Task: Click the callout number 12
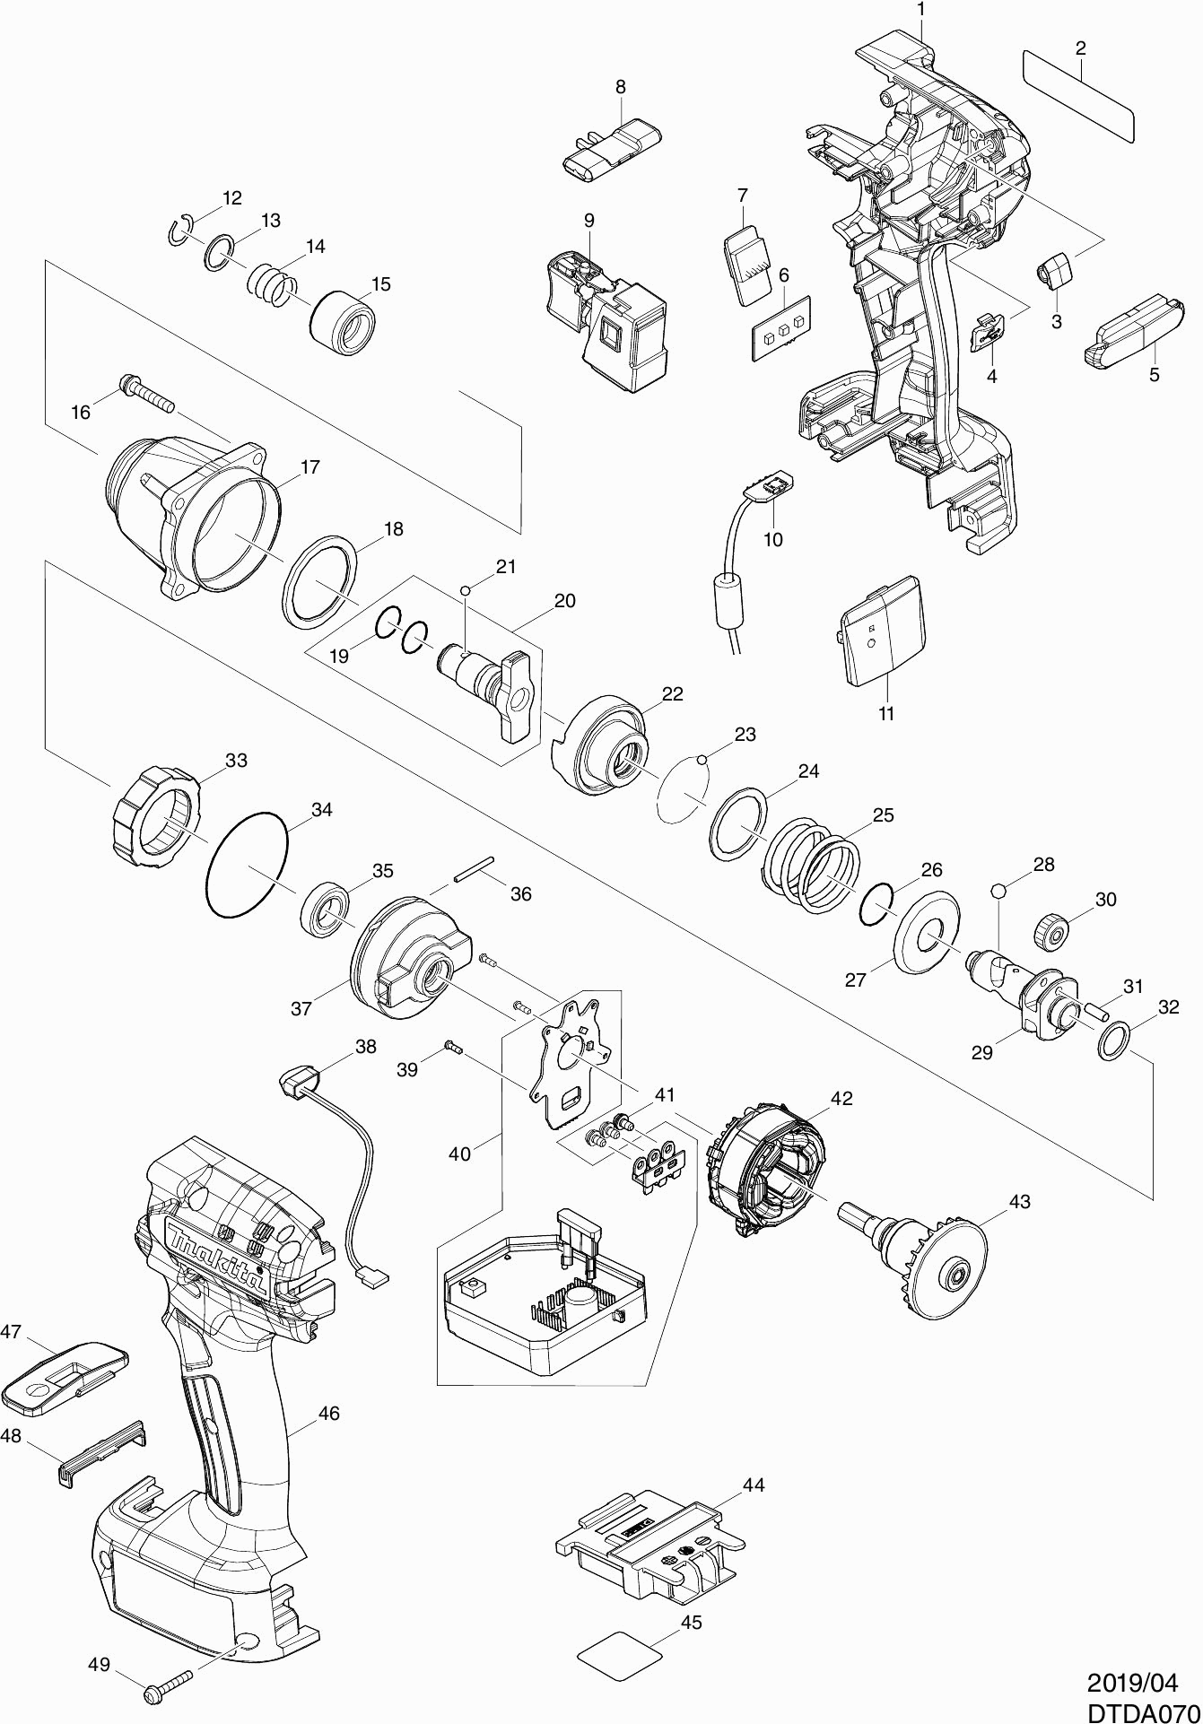[x=232, y=198]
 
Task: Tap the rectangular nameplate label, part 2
[x=1078, y=96]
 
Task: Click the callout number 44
[x=754, y=1485]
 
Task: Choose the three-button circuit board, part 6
[x=782, y=329]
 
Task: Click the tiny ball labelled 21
[x=465, y=590]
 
